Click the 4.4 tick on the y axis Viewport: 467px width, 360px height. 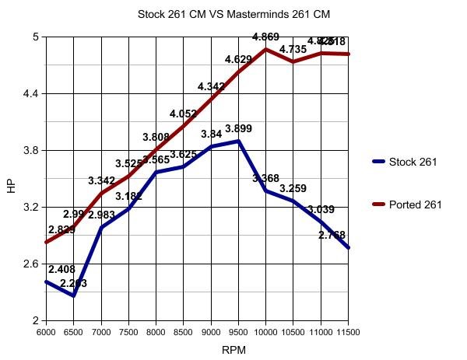31,93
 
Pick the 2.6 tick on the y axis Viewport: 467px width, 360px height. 31,264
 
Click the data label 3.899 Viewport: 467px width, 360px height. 238,128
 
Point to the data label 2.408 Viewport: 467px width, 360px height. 61,269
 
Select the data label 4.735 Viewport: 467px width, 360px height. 293,49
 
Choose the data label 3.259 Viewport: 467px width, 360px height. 293,188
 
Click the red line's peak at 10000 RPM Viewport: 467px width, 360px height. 266,49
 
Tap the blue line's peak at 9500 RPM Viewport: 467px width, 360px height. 238,141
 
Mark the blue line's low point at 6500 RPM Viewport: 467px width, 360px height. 74,295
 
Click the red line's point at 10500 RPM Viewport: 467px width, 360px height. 293,61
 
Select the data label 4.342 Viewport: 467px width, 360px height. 212,86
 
